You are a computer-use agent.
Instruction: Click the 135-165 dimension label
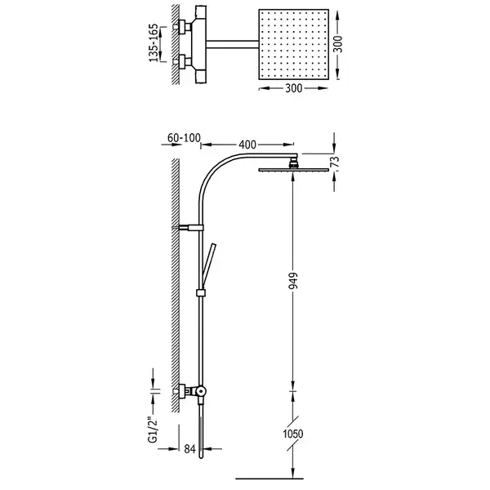click(154, 42)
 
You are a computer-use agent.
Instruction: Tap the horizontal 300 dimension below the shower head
click(294, 88)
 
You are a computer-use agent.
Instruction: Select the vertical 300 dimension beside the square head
click(338, 44)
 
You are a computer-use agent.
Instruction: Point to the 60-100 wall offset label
click(184, 138)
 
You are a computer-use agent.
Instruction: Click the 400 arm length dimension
click(247, 145)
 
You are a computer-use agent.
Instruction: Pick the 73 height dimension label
click(335, 163)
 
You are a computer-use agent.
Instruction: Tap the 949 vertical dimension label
click(293, 281)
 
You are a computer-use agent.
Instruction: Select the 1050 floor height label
click(293, 434)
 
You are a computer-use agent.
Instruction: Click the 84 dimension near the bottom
click(189, 449)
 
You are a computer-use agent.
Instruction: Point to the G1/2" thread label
click(154, 430)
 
